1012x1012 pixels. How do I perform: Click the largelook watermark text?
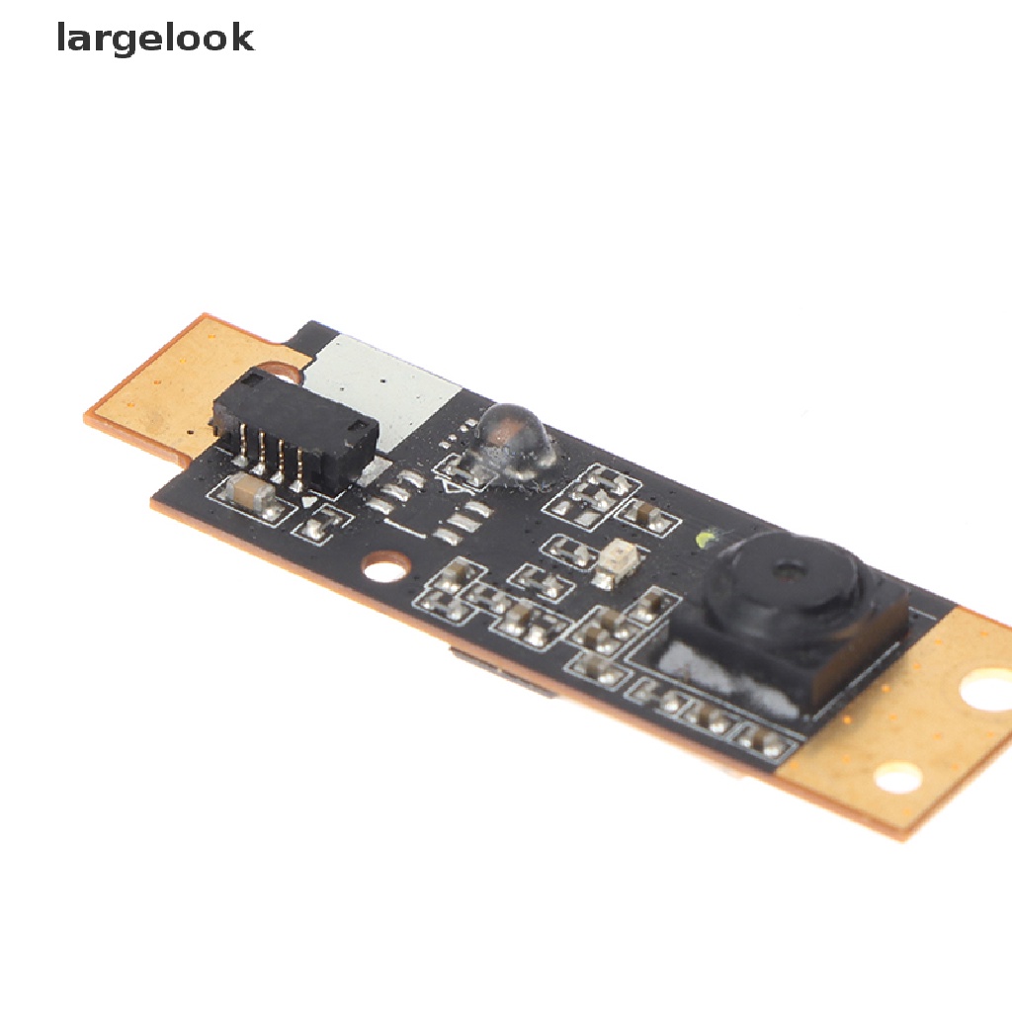tap(155, 39)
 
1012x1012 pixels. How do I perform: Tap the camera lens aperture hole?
tap(788, 570)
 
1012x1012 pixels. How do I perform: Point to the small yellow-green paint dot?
tap(706, 539)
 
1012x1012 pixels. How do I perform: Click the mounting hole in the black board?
tap(385, 566)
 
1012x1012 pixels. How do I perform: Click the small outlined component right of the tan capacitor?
tap(317, 524)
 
